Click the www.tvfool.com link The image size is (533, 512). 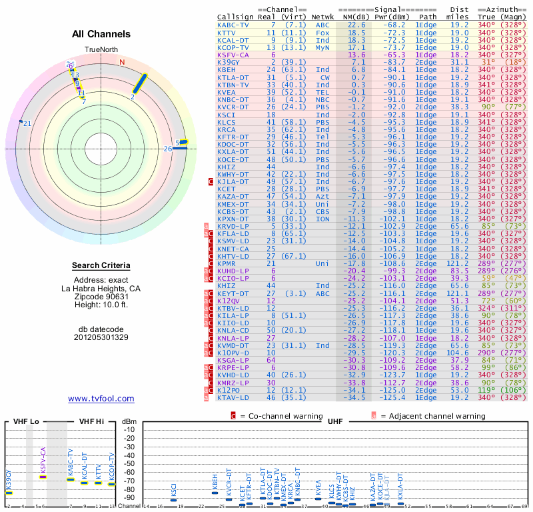[101, 399]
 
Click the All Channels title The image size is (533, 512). [101, 34]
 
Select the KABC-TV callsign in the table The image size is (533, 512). [233, 25]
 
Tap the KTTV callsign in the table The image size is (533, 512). [227, 32]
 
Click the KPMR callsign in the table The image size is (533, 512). [227, 263]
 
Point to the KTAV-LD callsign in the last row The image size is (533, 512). [233, 398]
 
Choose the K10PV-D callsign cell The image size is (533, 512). [233, 352]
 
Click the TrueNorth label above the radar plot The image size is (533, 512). [101, 50]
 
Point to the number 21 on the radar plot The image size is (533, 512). [27, 123]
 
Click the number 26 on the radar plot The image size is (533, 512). [168, 149]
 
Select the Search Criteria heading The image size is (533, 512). [101, 266]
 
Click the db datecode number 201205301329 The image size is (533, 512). [101, 337]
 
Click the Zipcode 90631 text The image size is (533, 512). [101, 297]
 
